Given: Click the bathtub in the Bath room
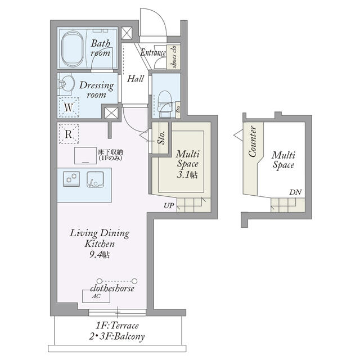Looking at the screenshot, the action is click(73, 48).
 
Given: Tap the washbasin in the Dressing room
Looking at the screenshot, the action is click(66, 84).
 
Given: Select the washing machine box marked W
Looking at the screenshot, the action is click(69, 107).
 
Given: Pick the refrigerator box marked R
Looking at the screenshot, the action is click(69, 134).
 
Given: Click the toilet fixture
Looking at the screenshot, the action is click(165, 103).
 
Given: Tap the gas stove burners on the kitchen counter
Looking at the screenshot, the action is click(71, 179).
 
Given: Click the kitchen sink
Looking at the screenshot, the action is click(95, 179).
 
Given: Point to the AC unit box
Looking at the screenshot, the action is click(96, 296).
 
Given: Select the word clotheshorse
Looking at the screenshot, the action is click(112, 288).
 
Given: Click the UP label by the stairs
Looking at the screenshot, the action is click(169, 205).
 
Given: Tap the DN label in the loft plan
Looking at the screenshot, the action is click(295, 192).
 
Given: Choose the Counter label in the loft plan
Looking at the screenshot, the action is click(253, 141).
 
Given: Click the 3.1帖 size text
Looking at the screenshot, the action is click(187, 175).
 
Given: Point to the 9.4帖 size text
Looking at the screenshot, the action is click(100, 255).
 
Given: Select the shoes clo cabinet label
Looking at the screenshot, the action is click(174, 56).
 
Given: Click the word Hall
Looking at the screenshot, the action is click(136, 79).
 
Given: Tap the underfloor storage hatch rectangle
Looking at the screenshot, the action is click(85, 155).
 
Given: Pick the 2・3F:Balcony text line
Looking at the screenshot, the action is click(117, 337).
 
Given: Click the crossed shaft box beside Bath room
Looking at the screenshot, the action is click(127, 33).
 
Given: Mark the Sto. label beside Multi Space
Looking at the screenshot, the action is click(161, 138).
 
